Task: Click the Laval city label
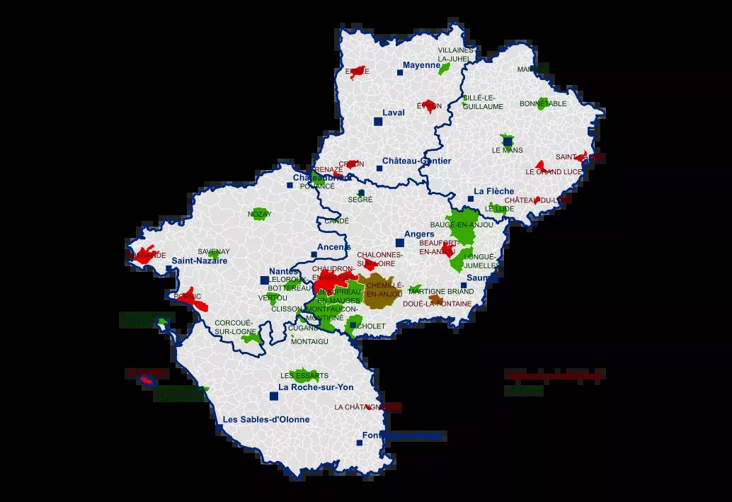[x=393, y=112]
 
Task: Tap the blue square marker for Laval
[x=378, y=122]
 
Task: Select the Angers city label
[x=419, y=234]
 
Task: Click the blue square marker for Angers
[x=400, y=243]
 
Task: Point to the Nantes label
[x=283, y=271]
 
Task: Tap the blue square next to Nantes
[x=264, y=280]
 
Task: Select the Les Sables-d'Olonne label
[x=265, y=419]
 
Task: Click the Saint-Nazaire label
[x=199, y=261]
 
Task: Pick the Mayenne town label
[x=421, y=65]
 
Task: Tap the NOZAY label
[x=259, y=213]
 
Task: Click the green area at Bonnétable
[x=544, y=104]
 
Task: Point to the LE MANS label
[x=506, y=150]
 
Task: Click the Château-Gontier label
[x=416, y=161]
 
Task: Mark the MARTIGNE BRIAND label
[x=450, y=292]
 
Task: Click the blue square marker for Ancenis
[x=314, y=255]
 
